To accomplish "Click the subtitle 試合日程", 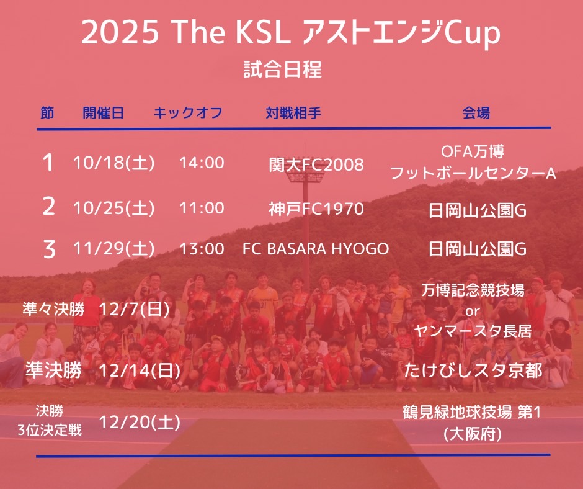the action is (283, 70).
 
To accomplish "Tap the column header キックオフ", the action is (188, 113).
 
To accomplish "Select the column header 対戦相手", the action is (293, 113).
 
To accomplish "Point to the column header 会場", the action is (476, 113).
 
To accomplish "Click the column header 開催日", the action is (103, 113).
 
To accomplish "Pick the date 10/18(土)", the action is (113, 163).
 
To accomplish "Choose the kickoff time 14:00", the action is (202, 163).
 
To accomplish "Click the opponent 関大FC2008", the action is (316, 165).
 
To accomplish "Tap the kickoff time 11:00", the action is (202, 208).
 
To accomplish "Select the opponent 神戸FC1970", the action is (316, 209).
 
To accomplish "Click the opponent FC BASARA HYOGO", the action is (316, 249).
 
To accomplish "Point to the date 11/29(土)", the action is (113, 249).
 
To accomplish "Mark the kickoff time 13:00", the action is (202, 249).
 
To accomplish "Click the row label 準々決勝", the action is (53, 309).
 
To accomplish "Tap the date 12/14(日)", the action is (140, 370).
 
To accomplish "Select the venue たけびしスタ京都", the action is (473, 370).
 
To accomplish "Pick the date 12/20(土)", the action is (140, 422).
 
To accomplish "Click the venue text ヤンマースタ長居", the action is (473, 331).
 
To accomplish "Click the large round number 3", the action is (49, 249).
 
